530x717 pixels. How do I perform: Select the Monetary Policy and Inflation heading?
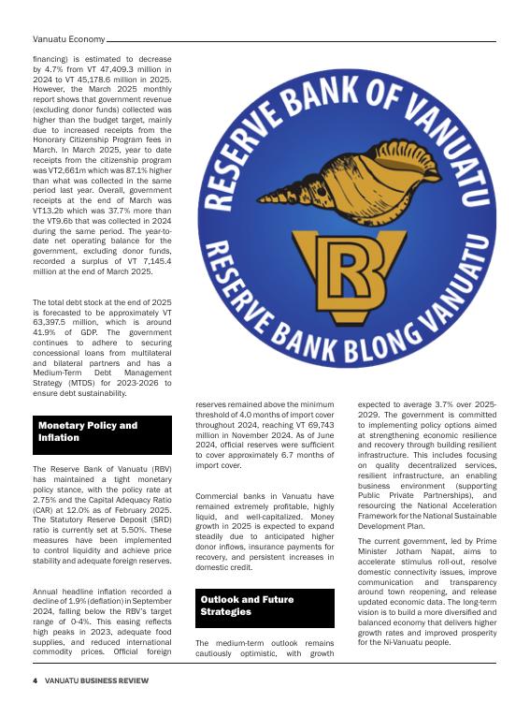(88, 432)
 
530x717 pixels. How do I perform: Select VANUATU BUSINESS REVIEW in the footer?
(98, 680)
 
